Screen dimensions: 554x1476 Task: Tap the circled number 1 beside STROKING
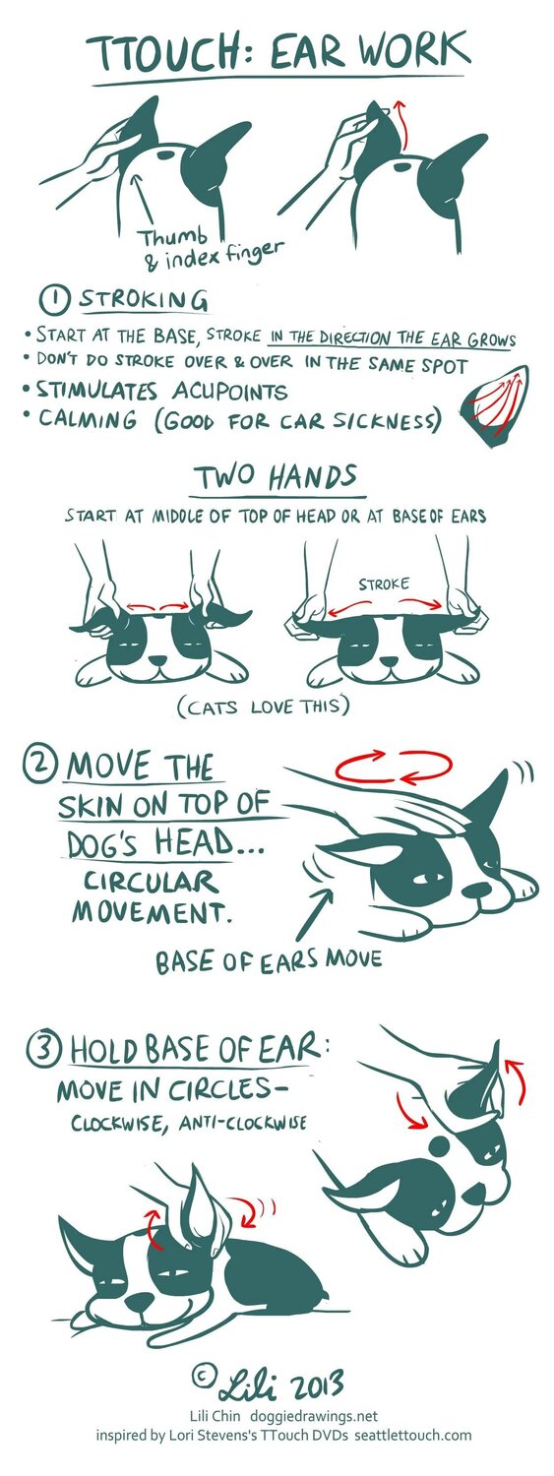tap(56, 302)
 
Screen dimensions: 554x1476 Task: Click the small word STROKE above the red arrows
tap(384, 584)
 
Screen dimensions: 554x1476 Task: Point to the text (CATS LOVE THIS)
tap(263, 707)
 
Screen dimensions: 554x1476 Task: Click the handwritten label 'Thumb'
tap(175, 236)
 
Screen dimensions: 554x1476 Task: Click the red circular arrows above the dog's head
tap(394, 767)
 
